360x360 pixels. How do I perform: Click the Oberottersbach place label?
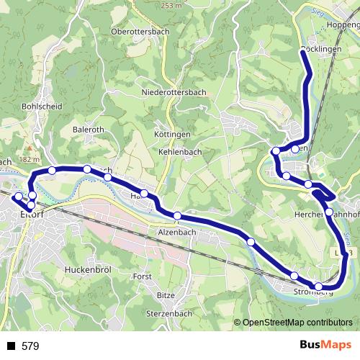(140, 32)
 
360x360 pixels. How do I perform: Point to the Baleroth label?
(89, 130)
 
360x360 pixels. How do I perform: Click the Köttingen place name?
(172, 135)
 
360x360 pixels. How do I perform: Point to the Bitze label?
(166, 295)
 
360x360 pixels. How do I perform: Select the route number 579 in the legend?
(31, 346)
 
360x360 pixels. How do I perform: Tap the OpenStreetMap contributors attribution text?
(297, 323)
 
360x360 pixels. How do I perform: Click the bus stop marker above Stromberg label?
(294, 276)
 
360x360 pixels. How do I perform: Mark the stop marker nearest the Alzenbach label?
(178, 215)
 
